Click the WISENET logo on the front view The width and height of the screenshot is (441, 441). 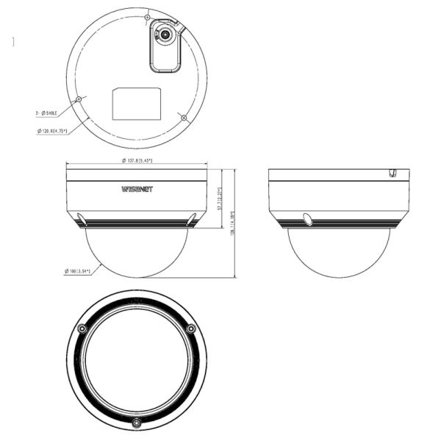click(137, 189)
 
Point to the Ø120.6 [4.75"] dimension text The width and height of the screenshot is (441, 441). click(52, 131)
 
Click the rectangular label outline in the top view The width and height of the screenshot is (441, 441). click(137, 104)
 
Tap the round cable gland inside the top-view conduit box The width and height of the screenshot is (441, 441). click(165, 34)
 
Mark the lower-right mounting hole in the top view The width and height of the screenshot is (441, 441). click(182, 116)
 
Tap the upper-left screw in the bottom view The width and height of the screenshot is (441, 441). click(82, 328)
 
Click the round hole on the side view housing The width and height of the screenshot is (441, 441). click(307, 218)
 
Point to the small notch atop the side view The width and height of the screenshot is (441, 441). click(393, 173)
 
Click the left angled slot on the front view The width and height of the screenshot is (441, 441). click(82, 219)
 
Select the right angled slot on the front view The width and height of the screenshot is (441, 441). click(192, 219)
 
